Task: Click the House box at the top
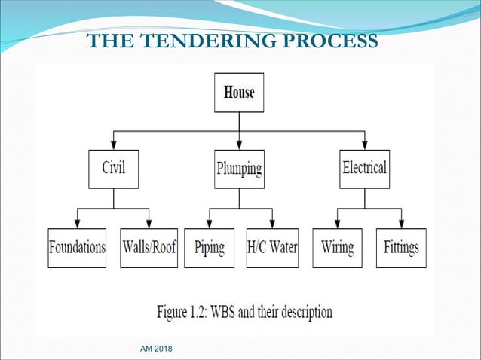tap(239, 93)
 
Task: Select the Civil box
tap(114, 168)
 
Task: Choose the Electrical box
tap(364, 168)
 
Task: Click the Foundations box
tap(78, 248)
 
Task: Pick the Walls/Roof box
tap(149, 248)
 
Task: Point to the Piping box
tap(210, 248)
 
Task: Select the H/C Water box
tap(271, 248)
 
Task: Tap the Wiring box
tap(337, 248)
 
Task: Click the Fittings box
tap(401, 248)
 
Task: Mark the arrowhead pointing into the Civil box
tap(114, 144)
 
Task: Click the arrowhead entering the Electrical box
tap(364, 144)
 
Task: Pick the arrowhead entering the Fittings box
tap(401, 224)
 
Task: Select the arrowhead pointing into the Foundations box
tap(78, 224)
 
